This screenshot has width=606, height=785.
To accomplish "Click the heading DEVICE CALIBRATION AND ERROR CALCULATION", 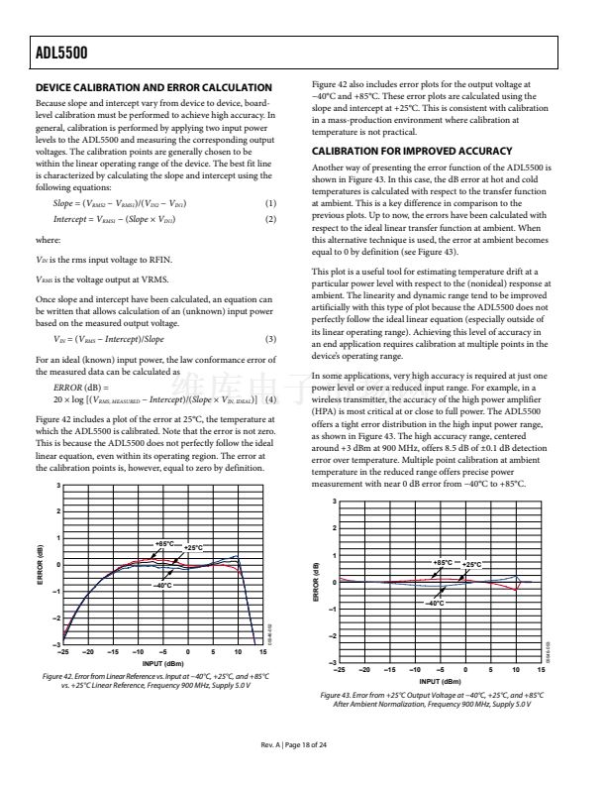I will point(153,88).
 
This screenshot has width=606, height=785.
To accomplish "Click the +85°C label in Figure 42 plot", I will point(163,544).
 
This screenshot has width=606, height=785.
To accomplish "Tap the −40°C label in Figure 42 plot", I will point(163,585).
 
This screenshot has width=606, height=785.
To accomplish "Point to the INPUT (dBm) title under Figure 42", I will point(163,662).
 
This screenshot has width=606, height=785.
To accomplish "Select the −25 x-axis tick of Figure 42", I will point(64,652).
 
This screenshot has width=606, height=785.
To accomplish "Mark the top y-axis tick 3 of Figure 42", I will point(58,485).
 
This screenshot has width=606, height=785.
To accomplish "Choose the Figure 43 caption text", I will point(439,699).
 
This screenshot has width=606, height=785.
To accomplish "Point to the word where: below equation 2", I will point(47,240).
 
